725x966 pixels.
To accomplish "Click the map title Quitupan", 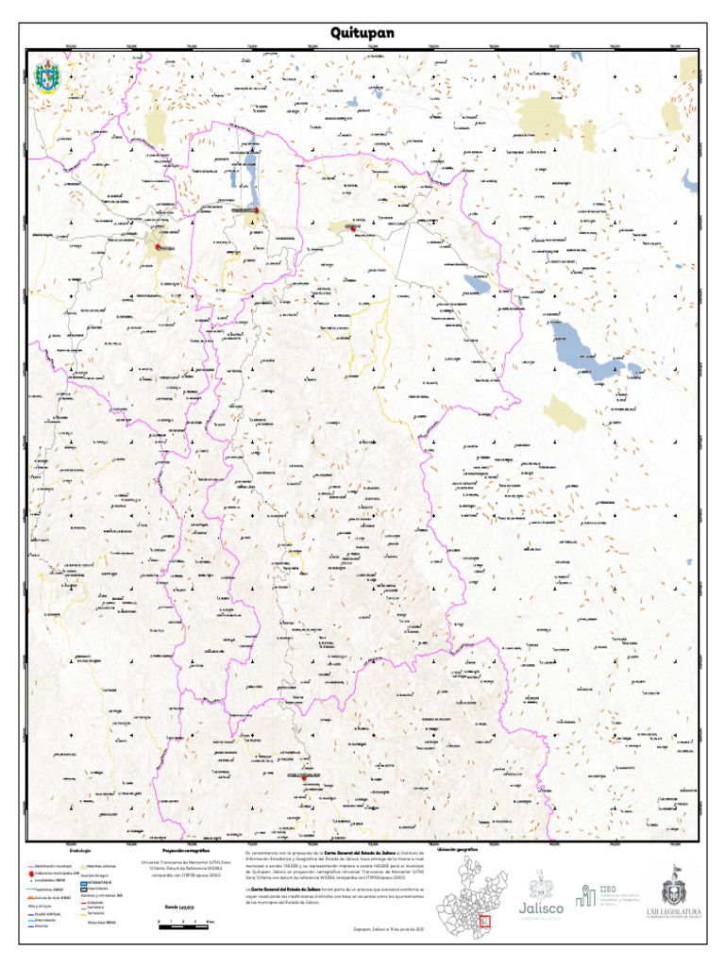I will point(362,34).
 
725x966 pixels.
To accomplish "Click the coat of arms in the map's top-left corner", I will point(45,77).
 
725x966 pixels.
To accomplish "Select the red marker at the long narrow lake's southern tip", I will point(255,209).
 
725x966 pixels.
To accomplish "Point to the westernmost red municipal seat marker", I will point(159,247).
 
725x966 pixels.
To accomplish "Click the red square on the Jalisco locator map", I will point(486,921).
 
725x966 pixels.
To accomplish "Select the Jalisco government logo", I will point(541,896).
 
